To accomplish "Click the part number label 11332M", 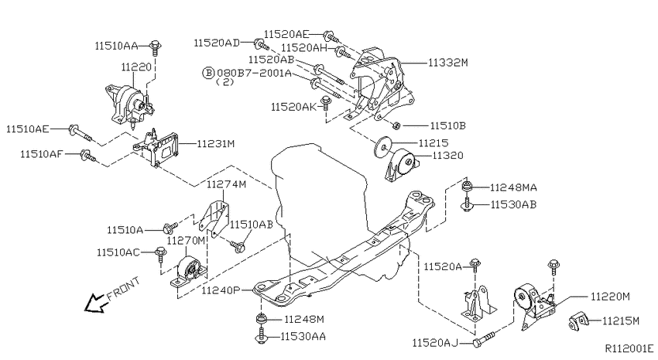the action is (447, 63).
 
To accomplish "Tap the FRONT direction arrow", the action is (94, 303).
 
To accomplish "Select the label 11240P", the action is (221, 290).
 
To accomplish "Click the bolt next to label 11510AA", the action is (156, 48).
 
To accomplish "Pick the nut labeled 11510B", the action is (396, 125).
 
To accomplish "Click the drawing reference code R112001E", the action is (629, 348).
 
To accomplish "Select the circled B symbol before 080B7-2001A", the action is (208, 73).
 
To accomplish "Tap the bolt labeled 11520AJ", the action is (485, 339).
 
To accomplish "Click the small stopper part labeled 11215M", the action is (579, 322).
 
